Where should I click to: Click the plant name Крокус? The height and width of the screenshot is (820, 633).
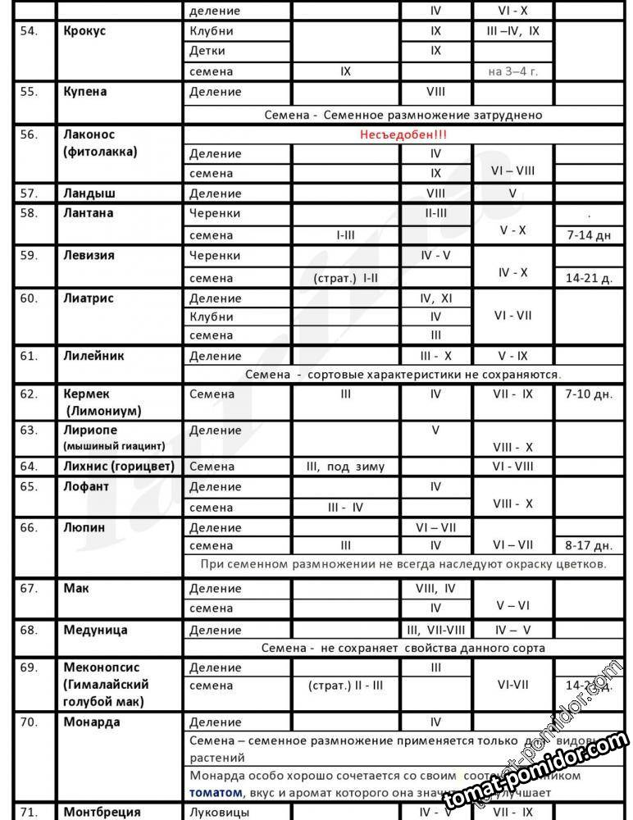(x=84, y=31)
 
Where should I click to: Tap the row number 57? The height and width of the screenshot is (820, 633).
(x=30, y=194)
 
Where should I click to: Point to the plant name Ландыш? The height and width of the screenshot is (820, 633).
(x=89, y=194)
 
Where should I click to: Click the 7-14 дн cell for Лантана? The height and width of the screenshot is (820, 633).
(x=588, y=235)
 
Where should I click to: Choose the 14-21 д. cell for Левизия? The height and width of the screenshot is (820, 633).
(x=588, y=278)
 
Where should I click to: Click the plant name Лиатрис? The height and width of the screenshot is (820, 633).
(x=89, y=298)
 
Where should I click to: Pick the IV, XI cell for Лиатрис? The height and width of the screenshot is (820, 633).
(x=435, y=298)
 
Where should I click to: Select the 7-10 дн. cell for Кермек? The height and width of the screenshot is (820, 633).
(x=588, y=394)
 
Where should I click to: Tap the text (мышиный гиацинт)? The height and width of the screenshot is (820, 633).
(x=114, y=446)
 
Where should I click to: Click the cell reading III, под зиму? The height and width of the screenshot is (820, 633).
(x=345, y=466)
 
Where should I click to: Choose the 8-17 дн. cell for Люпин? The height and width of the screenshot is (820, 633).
(x=588, y=544)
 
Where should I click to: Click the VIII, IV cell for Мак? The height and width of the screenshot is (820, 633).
(x=435, y=588)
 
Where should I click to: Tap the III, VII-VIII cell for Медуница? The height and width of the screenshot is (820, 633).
(x=435, y=631)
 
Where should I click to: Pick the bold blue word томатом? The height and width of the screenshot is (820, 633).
(x=216, y=793)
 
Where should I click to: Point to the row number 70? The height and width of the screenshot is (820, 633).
(x=30, y=722)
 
